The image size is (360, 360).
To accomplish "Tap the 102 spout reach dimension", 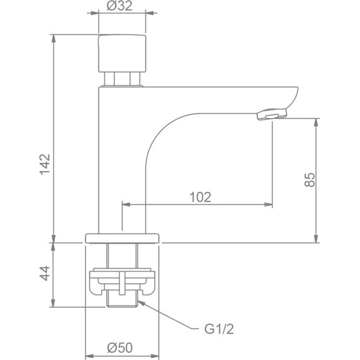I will point(200,196).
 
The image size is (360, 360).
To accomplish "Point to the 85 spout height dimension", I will point(309,179).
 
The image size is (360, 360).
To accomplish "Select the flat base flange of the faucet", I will point(123,237).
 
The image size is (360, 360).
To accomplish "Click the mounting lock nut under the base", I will point(123,282).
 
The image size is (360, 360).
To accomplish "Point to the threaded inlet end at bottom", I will point(123,299).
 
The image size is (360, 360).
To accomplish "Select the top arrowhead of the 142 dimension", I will point(53,35).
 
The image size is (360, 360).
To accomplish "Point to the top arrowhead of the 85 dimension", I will point(316,119).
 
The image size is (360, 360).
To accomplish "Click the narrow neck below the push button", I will point(123,79).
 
